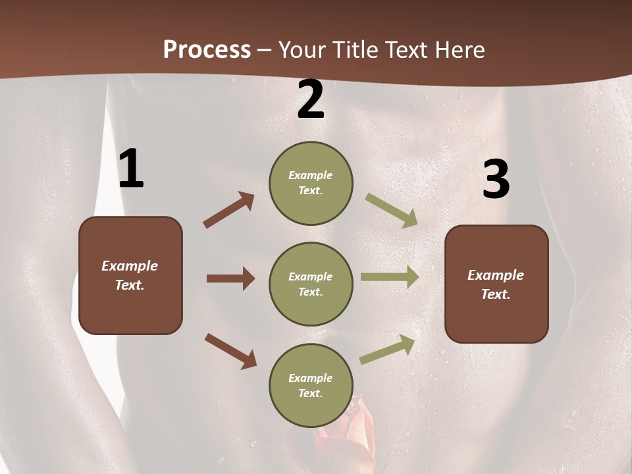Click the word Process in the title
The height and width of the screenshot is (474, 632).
(207, 50)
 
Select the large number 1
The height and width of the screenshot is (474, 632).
(131, 170)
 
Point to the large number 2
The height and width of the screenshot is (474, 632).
(311, 100)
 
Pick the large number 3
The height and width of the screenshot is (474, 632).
(496, 179)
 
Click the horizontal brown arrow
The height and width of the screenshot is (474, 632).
(230, 278)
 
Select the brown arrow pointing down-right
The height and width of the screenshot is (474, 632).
(230, 351)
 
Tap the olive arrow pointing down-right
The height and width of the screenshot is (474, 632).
(392, 211)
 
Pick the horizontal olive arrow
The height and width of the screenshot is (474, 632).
(389, 277)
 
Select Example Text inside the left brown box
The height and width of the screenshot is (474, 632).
(130, 275)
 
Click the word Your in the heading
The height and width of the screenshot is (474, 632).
(303, 50)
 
